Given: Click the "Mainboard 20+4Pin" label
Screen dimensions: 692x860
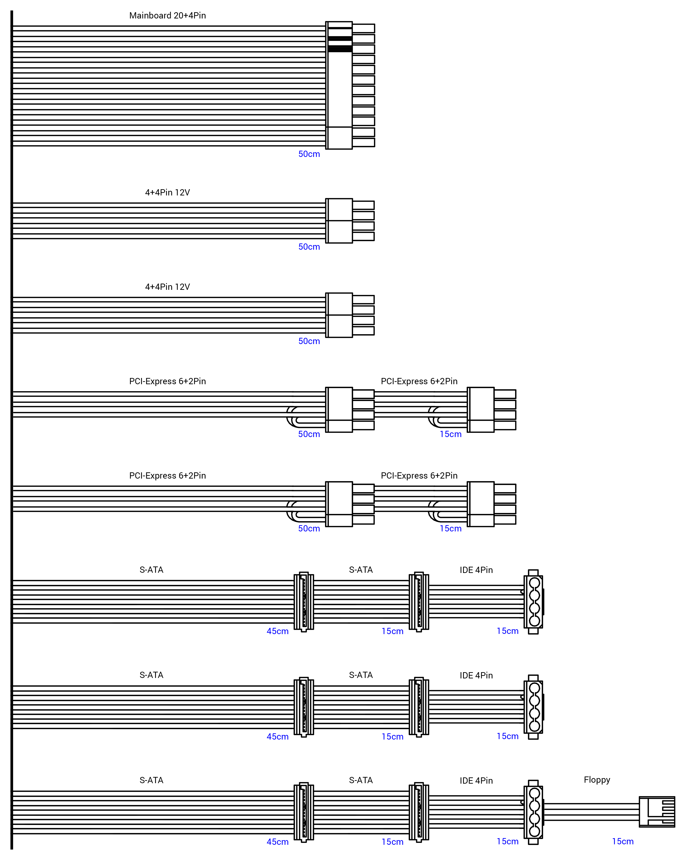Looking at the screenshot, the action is [167, 15].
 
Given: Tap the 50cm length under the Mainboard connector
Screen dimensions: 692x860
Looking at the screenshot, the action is [309, 154].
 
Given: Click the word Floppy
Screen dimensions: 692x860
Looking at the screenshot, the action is [597, 780].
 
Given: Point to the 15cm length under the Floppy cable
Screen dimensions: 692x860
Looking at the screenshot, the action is [623, 841].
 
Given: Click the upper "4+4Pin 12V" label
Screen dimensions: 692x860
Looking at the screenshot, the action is [167, 193].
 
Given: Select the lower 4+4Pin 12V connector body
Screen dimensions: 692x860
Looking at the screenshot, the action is [339, 315].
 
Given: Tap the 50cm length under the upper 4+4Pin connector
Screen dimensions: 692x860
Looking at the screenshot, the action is [309, 247].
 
